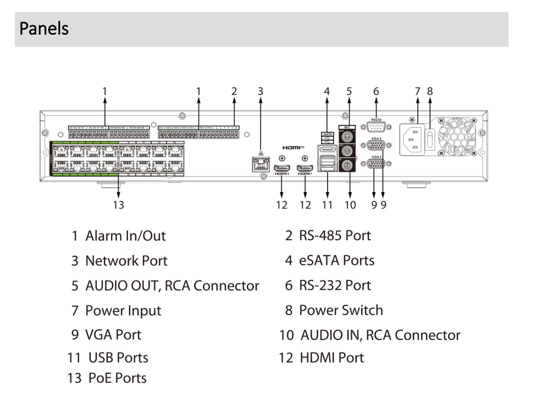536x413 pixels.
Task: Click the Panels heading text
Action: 44,28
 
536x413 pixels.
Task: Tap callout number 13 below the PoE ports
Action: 118,205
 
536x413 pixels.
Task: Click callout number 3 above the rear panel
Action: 261,91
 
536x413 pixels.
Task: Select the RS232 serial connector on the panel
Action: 377,126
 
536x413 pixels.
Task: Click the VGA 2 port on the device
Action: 377,146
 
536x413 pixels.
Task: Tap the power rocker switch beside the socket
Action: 432,140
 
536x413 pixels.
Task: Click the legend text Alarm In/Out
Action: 125,236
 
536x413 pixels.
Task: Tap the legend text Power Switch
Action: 340,310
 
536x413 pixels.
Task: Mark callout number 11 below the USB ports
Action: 328,205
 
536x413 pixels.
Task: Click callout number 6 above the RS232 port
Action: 376,91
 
